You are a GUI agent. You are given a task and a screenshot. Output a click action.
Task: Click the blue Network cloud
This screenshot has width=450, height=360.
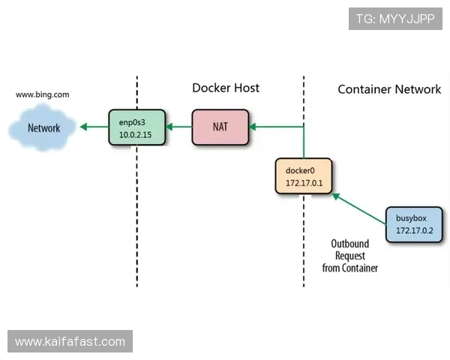43,128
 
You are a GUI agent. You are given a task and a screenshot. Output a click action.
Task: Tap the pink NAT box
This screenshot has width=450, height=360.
220,127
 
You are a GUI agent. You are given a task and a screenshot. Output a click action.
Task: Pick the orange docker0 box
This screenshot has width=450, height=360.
304,177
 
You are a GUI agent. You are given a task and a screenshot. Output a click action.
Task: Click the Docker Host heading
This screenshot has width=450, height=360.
226,88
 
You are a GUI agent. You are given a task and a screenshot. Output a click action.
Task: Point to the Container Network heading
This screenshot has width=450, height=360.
389,89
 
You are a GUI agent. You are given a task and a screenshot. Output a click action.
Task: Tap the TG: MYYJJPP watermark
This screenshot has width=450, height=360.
395,19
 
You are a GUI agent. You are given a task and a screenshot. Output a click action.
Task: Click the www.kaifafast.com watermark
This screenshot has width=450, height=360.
71,342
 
